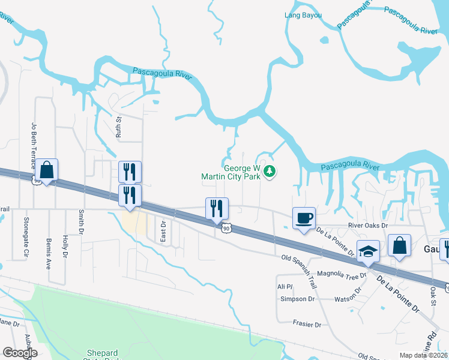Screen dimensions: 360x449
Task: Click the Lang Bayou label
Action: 303,15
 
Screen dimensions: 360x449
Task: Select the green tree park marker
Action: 270,172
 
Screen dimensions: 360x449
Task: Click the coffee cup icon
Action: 303,217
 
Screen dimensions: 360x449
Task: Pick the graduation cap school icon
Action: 367,251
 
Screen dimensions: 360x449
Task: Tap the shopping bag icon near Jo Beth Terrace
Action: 46,170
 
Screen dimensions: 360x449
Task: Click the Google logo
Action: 20,352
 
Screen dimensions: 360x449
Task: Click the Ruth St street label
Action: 119,127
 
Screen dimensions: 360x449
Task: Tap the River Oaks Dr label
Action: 369,226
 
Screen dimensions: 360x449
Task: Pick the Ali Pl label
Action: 285,286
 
